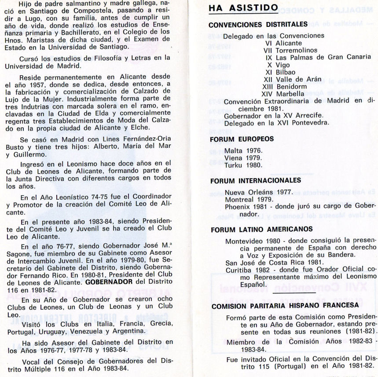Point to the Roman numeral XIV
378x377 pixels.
[x=267, y=93]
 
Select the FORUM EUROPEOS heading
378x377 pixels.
[x=242, y=139]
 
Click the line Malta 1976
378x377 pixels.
[x=243, y=150]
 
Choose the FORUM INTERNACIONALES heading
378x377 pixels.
[x=255, y=180]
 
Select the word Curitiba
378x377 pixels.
[x=240, y=270]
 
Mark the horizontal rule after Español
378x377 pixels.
[x=294, y=292]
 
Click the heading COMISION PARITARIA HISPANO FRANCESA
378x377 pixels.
[x=285, y=306]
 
